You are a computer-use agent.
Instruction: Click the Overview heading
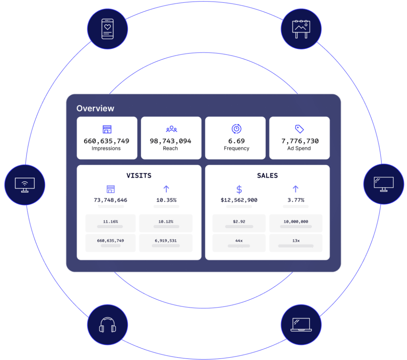tap(95, 108)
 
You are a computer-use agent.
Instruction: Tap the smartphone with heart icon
tap(107, 29)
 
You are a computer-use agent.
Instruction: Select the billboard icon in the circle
tap(301, 29)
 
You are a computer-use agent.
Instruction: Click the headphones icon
tap(107, 325)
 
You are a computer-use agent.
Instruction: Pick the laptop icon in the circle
tap(301, 325)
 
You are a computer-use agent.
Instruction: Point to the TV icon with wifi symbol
tap(25, 185)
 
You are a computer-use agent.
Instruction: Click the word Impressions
tap(106, 149)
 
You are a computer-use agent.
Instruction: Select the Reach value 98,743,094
tap(170, 141)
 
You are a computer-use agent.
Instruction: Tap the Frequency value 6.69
tap(236, 141)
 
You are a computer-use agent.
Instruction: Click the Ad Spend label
tap(299, 149)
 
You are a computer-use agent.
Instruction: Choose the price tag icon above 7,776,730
tap(299, 129)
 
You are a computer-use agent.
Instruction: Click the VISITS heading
tap(139, 176)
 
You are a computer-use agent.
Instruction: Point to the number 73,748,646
tap(111, 200)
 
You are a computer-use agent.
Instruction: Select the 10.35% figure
tap(166, 200)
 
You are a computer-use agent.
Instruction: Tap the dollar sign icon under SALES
tap(239, 189)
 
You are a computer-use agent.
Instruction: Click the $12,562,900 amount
tap(239, 200)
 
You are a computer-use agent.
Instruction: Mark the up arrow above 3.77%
tap(295, 189)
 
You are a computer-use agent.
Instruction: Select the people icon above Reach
tap(171, 129)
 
